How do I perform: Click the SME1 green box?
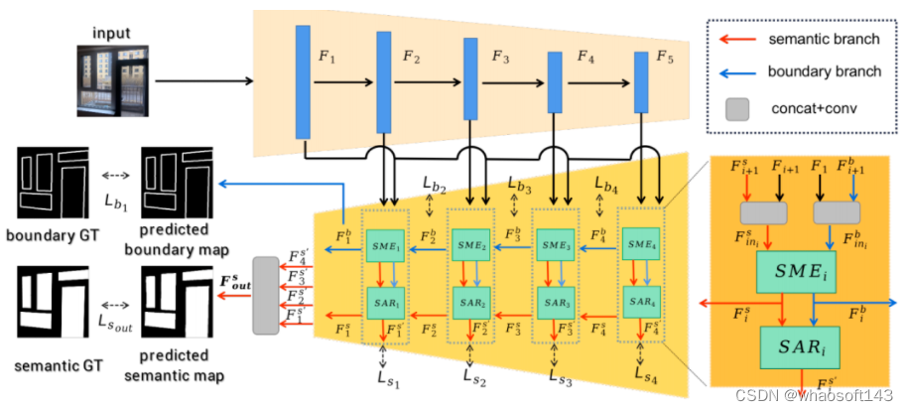[382, 245]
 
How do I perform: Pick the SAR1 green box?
[382, 299]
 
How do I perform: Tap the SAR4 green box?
[638, 299]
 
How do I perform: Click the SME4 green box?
[638, 245]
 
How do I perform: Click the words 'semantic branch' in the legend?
[823, 41]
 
